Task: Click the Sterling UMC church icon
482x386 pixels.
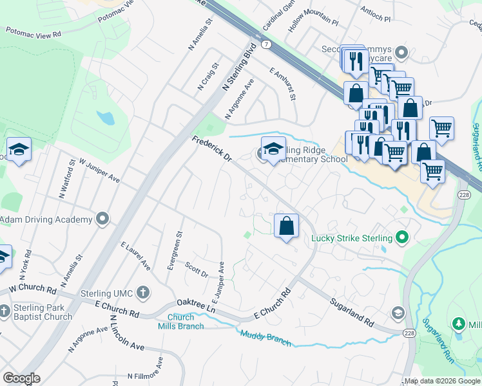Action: (x=143, y=293)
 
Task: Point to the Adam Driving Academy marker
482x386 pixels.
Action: (x=102, y=220)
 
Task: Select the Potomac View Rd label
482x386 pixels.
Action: (x=34, y=31)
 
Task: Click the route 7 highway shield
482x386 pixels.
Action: (x=265, y=44)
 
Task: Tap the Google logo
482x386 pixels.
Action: (x=21, y=378)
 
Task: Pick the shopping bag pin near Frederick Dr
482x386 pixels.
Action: (x=287, y=226)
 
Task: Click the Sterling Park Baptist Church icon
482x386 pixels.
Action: (x=4, y=311)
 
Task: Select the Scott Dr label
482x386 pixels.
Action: (x=196, y=270)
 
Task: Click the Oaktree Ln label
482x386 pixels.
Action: (x=196, y=306)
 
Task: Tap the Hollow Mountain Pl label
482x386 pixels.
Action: (x=313, y=26)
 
